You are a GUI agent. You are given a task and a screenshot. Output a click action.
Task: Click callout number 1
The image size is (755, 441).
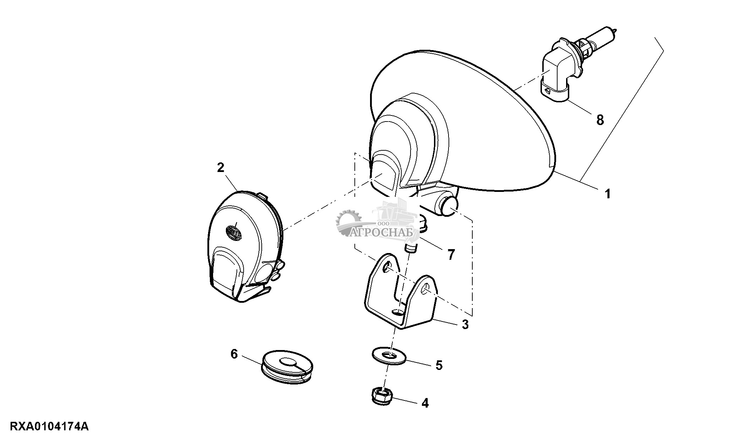[x=607, y=194]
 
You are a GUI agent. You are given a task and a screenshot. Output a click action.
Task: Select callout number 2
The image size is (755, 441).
[x=221, y=167]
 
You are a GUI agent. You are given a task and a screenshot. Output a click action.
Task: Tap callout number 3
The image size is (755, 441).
[x=465, y=324]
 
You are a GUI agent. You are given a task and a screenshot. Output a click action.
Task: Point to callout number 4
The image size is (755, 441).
[x=425, y=403]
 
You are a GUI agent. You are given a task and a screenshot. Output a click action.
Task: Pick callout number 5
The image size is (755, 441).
[x=439, y=365]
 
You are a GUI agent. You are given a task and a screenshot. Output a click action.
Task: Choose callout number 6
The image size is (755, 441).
[x=234, y=354]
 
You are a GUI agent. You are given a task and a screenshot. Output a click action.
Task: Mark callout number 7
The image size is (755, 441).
[x=451, y=254]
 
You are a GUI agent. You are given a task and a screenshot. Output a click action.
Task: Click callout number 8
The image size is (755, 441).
[x=600, y=120]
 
